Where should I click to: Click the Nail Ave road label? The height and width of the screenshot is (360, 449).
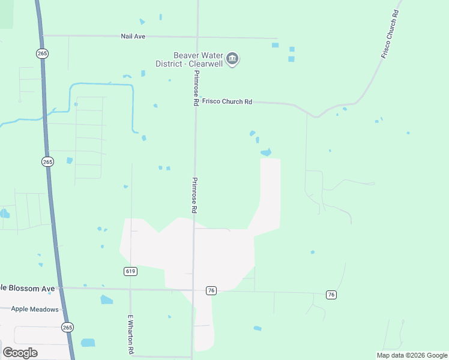click(x=133, y=37)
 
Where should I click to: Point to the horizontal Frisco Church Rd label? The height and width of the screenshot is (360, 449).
click(x=227, y=102)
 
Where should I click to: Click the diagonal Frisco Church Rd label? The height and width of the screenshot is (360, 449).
click(x=390, y=34)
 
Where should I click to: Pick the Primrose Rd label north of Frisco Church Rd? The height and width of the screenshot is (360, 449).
click(x=195, y=88)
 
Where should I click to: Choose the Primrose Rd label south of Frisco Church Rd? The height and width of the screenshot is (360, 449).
click(x=194, y=196)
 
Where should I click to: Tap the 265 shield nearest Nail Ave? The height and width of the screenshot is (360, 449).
click(x=42, y=53)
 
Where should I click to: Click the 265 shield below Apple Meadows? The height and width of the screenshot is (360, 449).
click(x=67, y=327)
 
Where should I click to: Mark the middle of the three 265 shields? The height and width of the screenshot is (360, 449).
click(x=48, y=161)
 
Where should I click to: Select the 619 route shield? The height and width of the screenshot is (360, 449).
click(x=131, y=271)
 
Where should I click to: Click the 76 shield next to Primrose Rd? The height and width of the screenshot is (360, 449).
click(x=210, y=290)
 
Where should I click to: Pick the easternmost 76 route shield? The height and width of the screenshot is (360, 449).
click(x=331, y=294)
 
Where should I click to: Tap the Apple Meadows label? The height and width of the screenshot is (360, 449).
click(x=35, y=310)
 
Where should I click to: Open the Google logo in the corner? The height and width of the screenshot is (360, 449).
click(x=20, y=353)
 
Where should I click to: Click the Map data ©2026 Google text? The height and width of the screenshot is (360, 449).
click(x=411, y=355)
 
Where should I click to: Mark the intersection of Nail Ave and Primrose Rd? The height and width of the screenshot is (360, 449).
click(x=197, y=37)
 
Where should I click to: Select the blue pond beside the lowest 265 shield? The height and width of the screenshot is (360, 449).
click(x=88, y=343)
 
